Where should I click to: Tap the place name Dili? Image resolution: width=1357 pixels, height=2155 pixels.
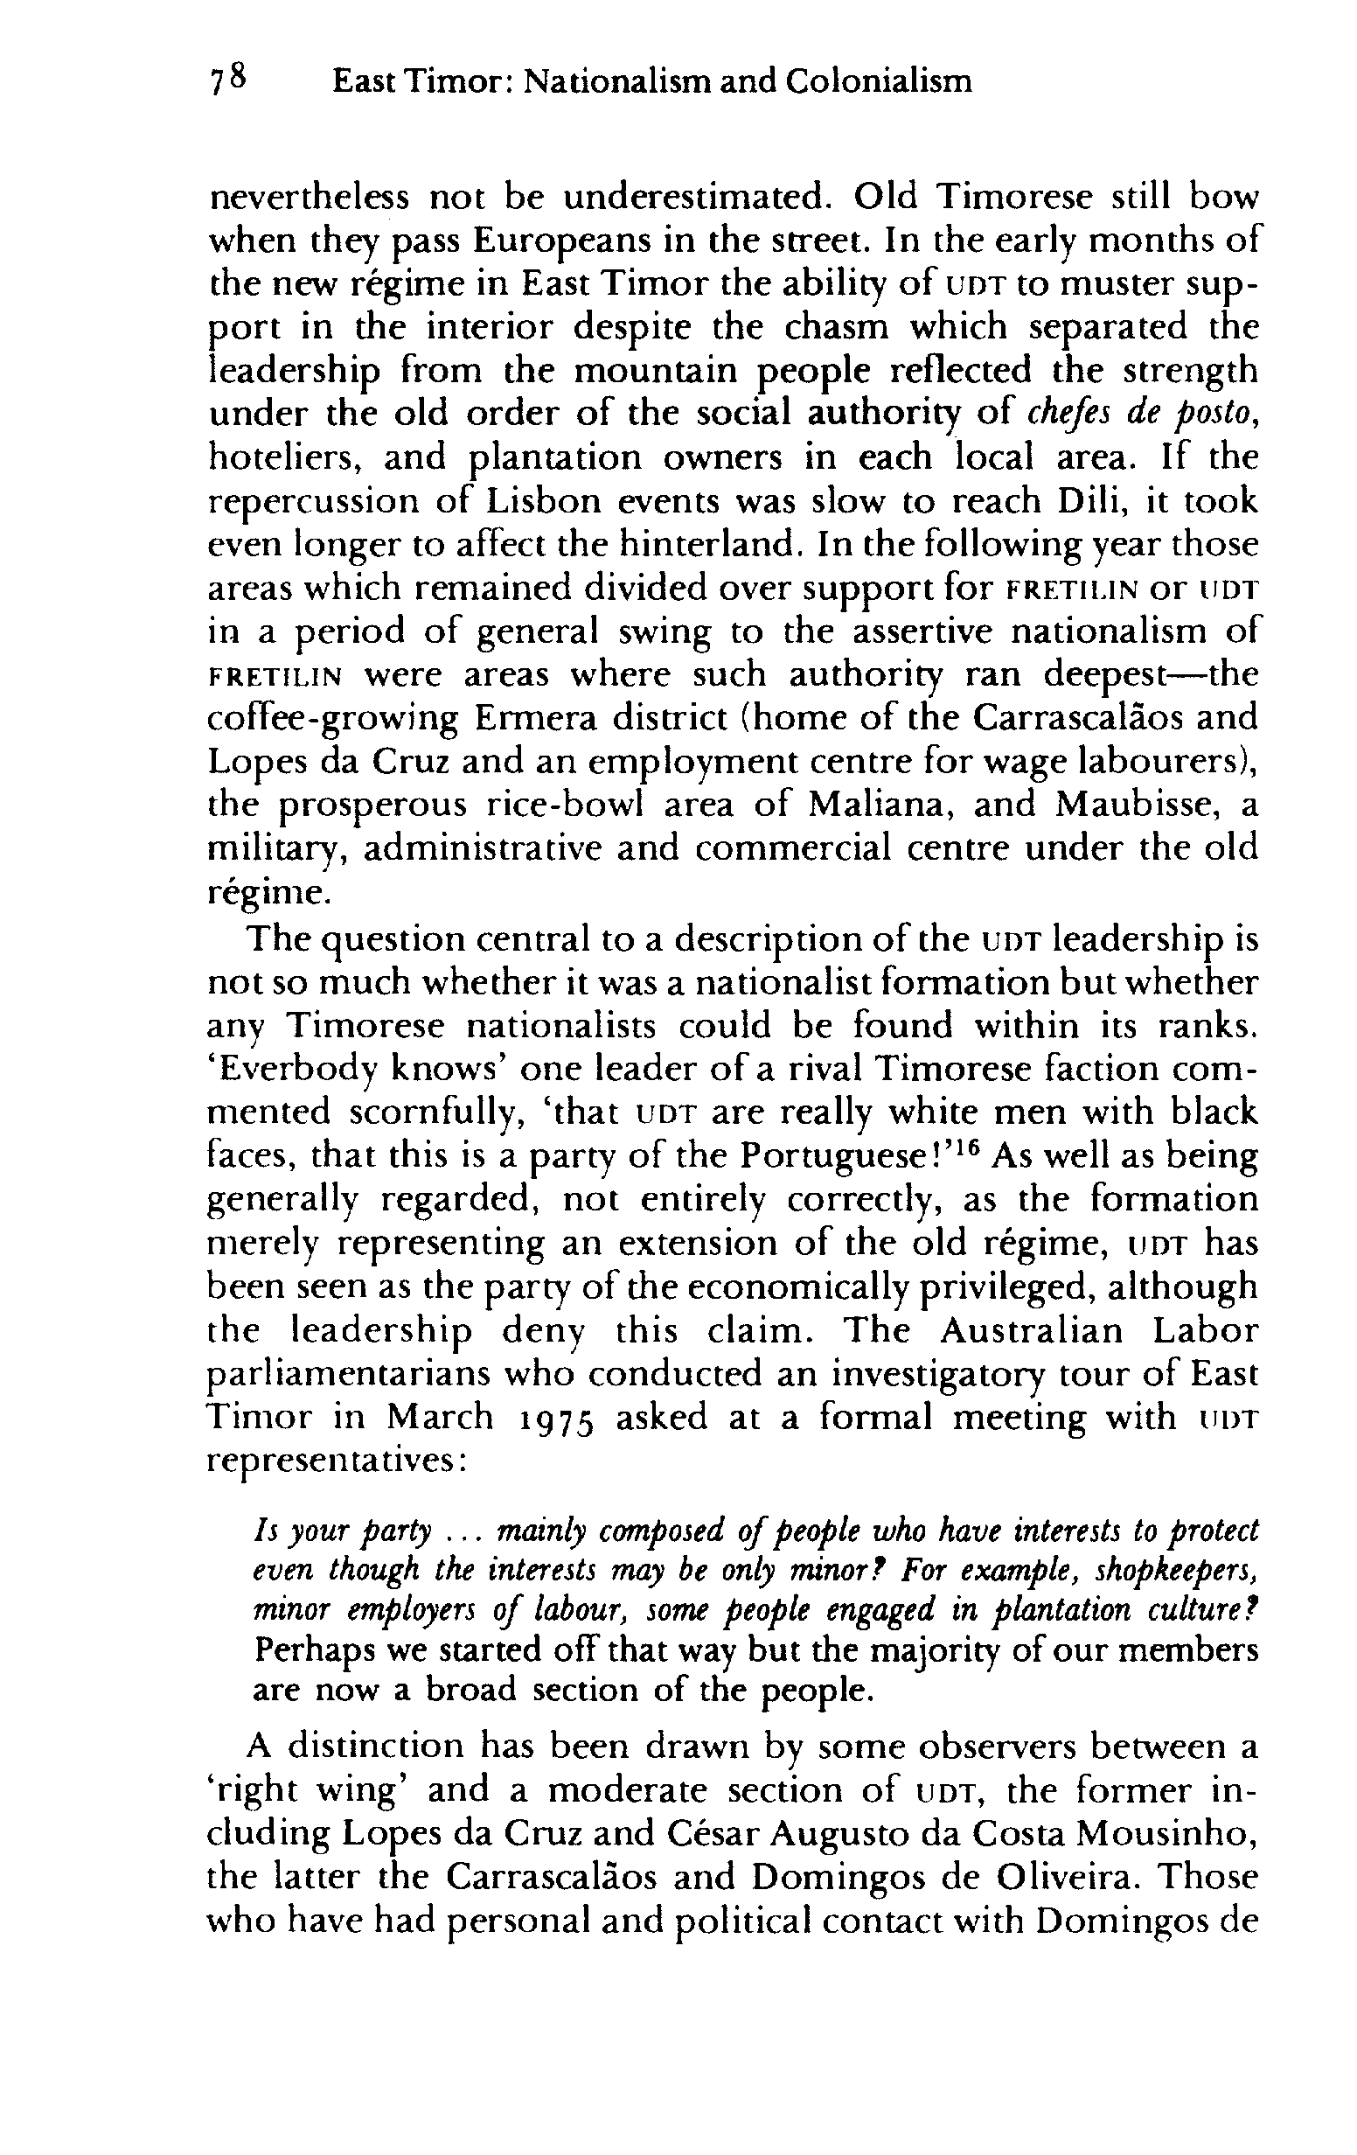[x=1087, y=500]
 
